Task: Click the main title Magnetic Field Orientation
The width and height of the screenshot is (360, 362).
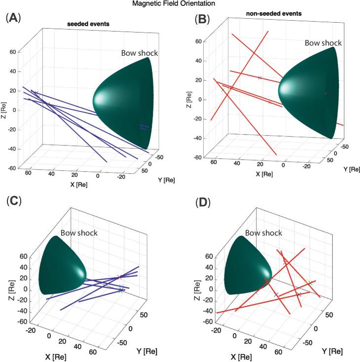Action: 180,4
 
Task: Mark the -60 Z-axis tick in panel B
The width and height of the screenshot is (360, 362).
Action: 196,158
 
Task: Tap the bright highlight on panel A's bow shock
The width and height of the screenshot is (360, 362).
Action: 101,98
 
